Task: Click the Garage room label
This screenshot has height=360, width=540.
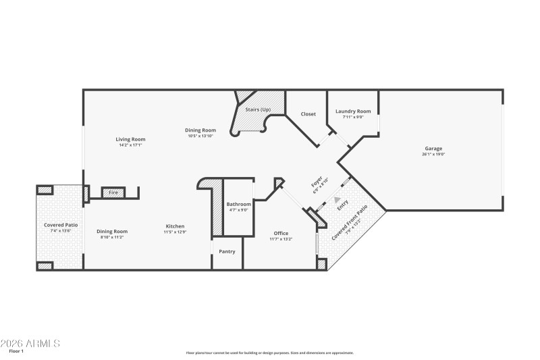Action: click(x=433, y=149)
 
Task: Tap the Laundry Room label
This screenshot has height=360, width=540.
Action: click(x=353, y=111)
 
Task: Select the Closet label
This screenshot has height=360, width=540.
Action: click(x=308, y=114)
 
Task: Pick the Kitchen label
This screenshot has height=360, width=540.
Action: click(x=174, y=226)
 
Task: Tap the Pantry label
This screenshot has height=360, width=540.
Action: click(x=227, y=252)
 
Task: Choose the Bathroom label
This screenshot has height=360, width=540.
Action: click(x=238, y=204)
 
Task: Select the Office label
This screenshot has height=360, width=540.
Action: click(x=281, y=234)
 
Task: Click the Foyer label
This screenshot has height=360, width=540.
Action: click(x=316, y=182)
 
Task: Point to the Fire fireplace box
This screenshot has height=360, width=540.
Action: click(x=113, y=193)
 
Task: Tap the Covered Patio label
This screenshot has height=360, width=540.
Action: click(x=61, y=225)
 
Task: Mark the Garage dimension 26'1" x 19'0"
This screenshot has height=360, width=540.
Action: click(x=433, y=155)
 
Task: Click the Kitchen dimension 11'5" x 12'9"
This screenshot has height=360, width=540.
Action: click(x=174, y=232)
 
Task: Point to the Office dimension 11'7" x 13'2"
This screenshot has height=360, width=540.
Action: click(x=281, y=239)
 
